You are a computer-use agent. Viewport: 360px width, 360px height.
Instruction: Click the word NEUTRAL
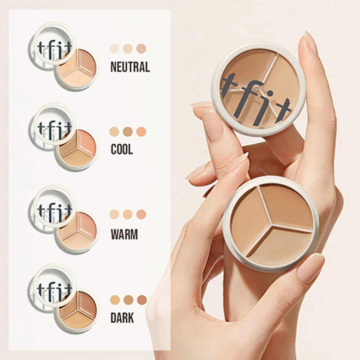point(130,67)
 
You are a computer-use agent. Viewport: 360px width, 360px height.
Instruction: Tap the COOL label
point(122,149)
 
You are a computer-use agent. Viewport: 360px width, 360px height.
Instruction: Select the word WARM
point(124,234)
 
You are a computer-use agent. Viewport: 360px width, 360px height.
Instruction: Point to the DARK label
point(122,318)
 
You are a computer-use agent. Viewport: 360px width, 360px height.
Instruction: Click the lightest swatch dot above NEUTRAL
point(114,49)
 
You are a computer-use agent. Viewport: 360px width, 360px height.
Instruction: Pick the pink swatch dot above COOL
point(141,132)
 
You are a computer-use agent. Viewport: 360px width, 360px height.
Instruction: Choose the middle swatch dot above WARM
point(128,215)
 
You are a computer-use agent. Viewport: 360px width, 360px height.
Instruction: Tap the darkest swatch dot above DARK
point(142,300)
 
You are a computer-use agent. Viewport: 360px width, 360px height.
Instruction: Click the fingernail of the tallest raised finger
point(311,43)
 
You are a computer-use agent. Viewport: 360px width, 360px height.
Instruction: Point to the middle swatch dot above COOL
point(128,132)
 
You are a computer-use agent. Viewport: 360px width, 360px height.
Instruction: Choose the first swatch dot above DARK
point(115,300)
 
